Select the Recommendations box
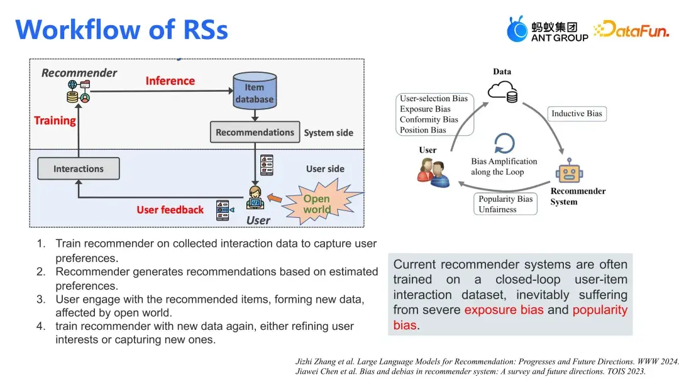(x=255, y=133)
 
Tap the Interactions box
(x=79, y=169)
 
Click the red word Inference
(x=170, y=81)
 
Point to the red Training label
(x=55, y=121)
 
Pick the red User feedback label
(x=170, y=210)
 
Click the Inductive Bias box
(x=577, y=114)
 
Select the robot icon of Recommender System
(x=569, y=170)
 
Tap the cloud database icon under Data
(x=502, y=93)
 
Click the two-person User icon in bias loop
(x=433, y=172)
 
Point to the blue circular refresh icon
(x=504, y=143)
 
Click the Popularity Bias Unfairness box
(x=505, y=204)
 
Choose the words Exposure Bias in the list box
(x=425, y=109)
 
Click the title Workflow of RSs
(x=121, y=30)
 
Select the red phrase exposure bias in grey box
(x=505, y=310)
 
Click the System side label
(x=328, y=133)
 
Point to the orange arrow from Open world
(x=274, y=199)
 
